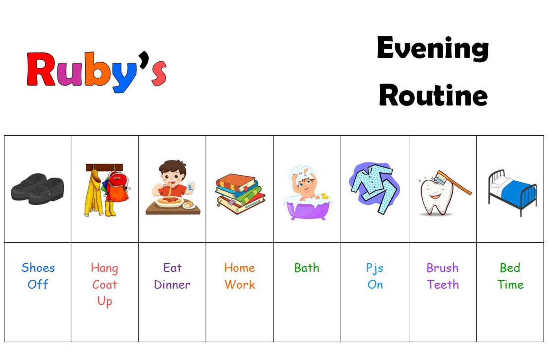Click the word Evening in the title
point(433,49)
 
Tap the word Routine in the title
point(433,95)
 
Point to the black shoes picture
point(37,189)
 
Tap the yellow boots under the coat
point(110,208)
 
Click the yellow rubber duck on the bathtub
point(325,196)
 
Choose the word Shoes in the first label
point(38,268)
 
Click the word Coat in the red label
point(105,285)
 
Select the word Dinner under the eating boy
point(172,285)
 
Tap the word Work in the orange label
point(240,285)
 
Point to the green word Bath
point(307,268)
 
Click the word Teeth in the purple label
point(443,285)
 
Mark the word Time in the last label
point(510,285)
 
